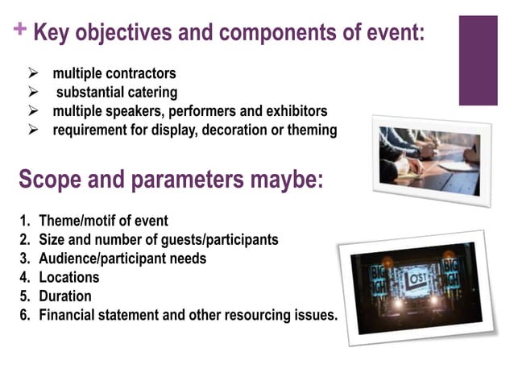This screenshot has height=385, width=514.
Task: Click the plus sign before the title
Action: (x=19, y=31)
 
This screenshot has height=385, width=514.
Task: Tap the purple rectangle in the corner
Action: (x=478, y=60)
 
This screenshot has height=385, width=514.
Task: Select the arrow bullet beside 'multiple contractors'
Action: (x=34, y=75)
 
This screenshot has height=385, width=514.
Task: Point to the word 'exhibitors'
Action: (x=295, y=111)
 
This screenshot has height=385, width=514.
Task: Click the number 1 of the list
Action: (x=24, y=221)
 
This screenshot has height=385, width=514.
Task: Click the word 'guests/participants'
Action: (x=230, y=239)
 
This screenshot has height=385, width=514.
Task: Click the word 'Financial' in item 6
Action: (x=71, y=315)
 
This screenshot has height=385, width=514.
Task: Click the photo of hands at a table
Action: (x=432, y=159)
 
